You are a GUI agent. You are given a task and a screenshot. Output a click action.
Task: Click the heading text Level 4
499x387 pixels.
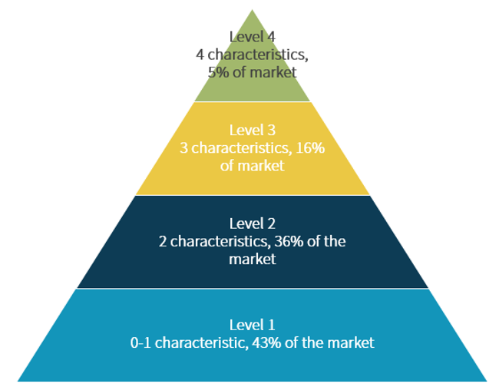coord(252,36)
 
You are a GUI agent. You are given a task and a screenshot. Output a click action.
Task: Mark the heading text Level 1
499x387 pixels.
coord(252,323)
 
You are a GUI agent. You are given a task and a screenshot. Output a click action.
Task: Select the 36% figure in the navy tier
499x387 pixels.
coord(290,241)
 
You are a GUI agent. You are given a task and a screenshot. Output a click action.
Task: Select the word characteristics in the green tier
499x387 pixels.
coord(256,55)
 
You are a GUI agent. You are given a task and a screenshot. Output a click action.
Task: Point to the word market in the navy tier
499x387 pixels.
coord(252,260)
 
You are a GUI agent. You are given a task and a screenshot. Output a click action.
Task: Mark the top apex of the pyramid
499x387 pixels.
coord(252,10)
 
